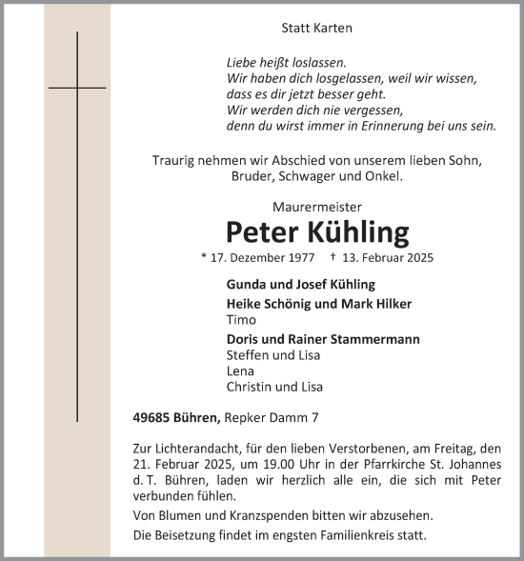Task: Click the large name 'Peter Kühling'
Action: [x=317, y=231]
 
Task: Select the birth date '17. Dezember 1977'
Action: [x=263, y=258]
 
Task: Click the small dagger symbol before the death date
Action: [x=332, y=257]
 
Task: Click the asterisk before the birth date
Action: [x=204, y=257]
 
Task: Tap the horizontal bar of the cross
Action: [x=77, y=88]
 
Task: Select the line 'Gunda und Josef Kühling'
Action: [x=301, y=285]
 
